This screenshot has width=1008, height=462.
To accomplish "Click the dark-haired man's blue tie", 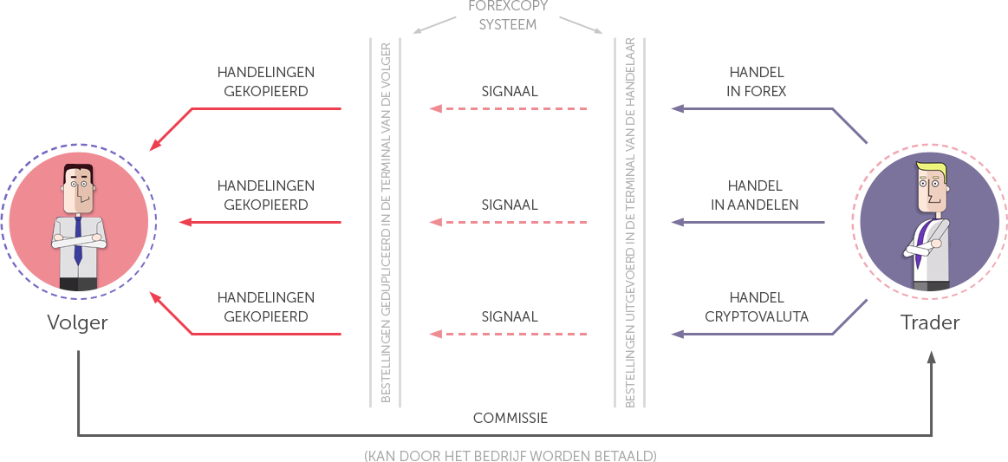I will click(77, 240).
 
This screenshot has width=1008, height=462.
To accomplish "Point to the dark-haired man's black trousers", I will click(78, 284).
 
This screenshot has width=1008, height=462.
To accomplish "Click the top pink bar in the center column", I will click(507, 109).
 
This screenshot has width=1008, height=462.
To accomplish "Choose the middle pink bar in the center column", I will click(507, 223).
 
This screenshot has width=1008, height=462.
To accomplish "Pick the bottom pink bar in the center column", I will click(507, 335).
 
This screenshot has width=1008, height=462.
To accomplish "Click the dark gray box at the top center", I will click(508, 15).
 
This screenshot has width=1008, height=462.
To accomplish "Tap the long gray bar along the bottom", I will click(510, 456).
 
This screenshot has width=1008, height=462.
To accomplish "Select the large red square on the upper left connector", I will click(174, 127).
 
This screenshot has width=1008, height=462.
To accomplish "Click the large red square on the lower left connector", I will click(174, 316).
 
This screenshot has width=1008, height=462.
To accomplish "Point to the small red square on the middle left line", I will click(185, 223).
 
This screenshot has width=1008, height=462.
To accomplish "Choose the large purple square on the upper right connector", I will click(849, 126).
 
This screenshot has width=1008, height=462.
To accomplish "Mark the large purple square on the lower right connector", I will click(849, 317).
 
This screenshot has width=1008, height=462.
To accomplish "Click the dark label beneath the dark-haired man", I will click(78, 324).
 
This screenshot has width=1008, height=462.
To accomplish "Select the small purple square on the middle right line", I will click(678, 223).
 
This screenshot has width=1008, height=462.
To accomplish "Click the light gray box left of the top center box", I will click(437, 24).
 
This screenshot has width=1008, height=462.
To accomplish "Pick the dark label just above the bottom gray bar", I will click(510, 418).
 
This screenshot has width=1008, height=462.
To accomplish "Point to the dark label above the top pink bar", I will click(510, 91).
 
